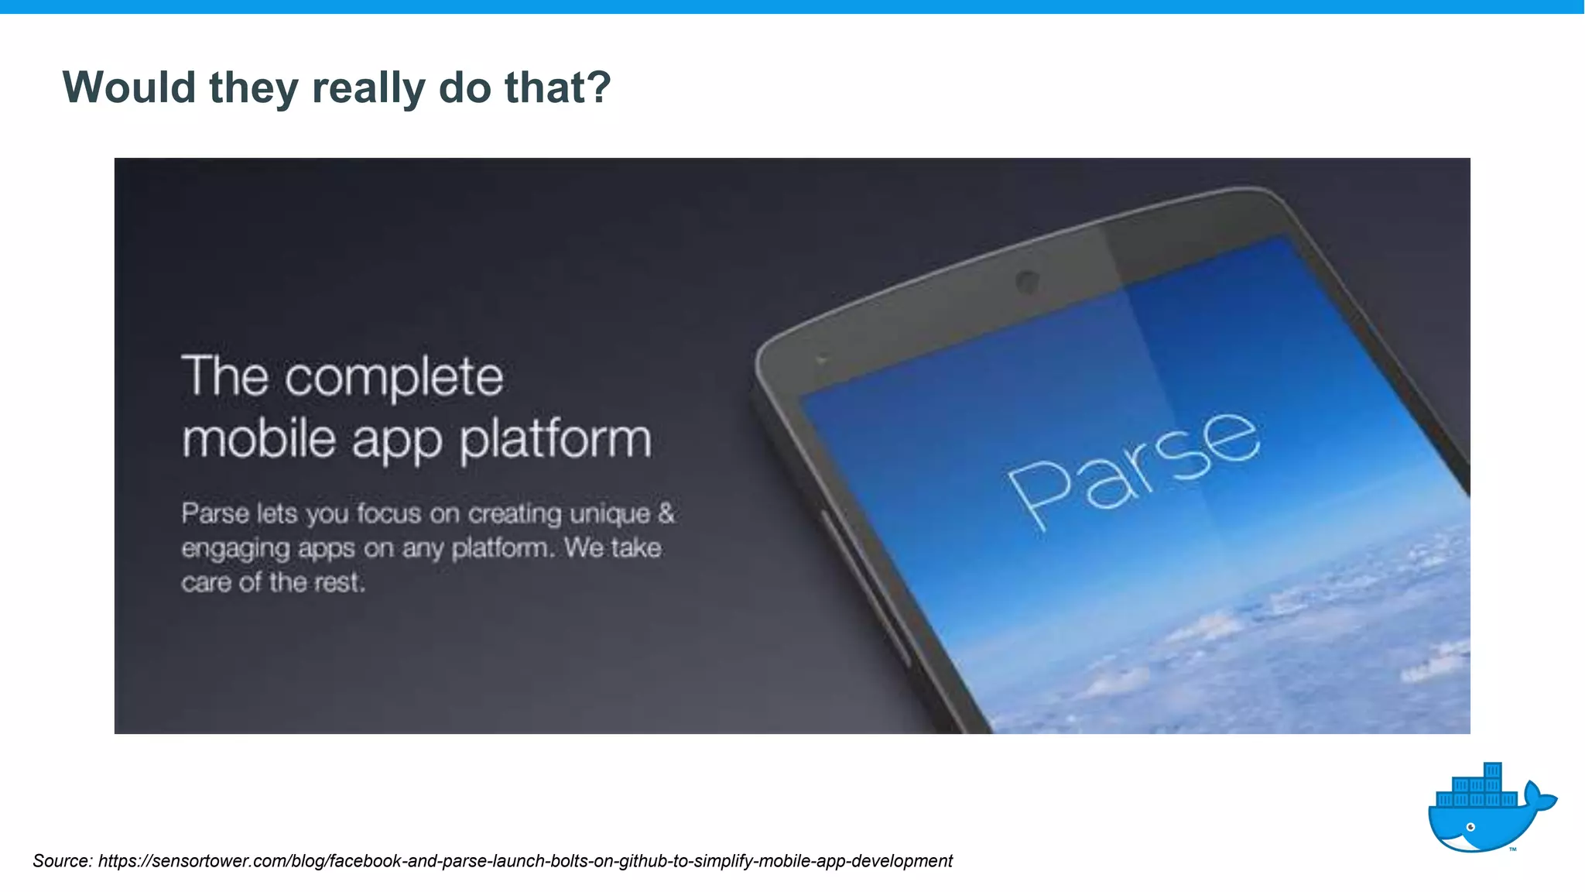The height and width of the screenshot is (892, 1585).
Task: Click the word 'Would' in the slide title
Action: (129, 87)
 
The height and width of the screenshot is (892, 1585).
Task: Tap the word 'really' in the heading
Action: (368, 87)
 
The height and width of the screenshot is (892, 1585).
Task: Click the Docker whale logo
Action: (1490, 810)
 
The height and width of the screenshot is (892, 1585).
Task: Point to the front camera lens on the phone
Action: (1027, 281)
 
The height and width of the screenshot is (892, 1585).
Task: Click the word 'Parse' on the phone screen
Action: (1134, 469)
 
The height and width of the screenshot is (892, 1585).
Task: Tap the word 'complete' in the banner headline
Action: (394, 379)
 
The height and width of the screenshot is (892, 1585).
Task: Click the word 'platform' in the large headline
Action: (556, 441)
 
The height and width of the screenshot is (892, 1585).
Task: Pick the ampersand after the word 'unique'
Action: (666, 513)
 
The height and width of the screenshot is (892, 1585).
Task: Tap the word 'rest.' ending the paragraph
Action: (339, 582)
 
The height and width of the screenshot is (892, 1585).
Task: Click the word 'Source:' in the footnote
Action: (63, 861)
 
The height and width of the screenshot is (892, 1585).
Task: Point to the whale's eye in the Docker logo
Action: (1470, 827)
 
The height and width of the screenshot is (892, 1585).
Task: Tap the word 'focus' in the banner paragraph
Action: (389, 513)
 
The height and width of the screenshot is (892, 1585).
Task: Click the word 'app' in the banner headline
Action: (397, 441)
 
